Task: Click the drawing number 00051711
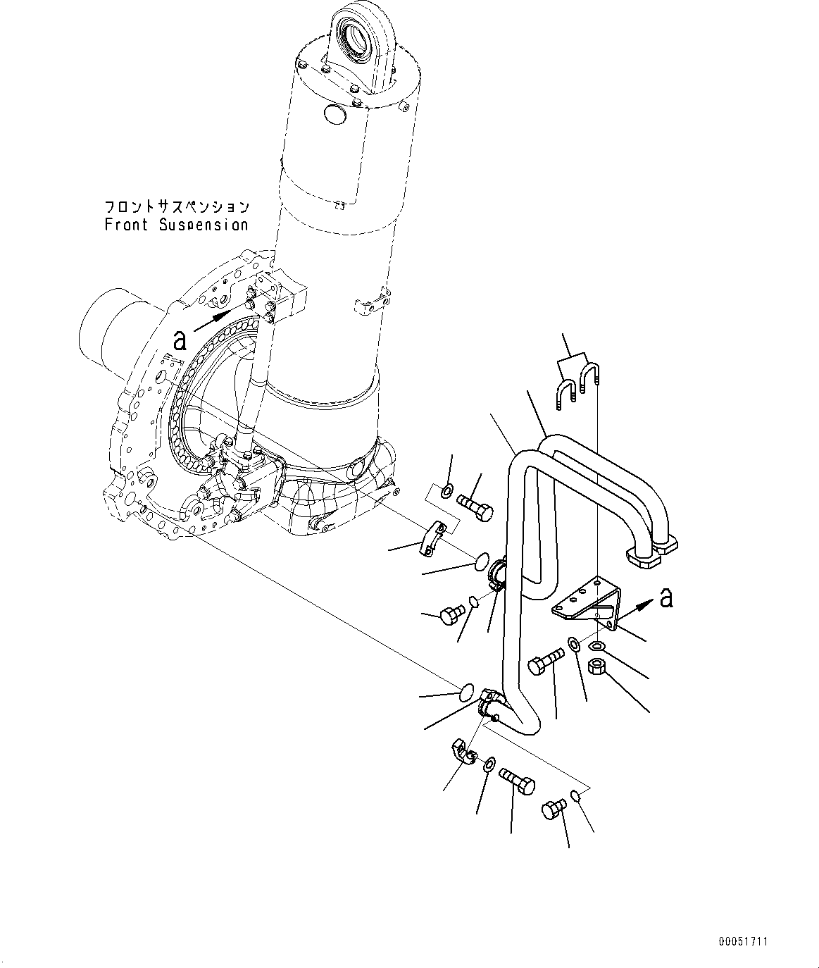coord(743,941)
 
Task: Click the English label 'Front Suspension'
coord(176,225)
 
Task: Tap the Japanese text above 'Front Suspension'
coord(176,207)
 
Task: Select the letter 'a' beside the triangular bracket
coord(666,598)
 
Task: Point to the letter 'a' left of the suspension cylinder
coord(180,341)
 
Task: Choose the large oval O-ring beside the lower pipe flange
coord(465,691)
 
